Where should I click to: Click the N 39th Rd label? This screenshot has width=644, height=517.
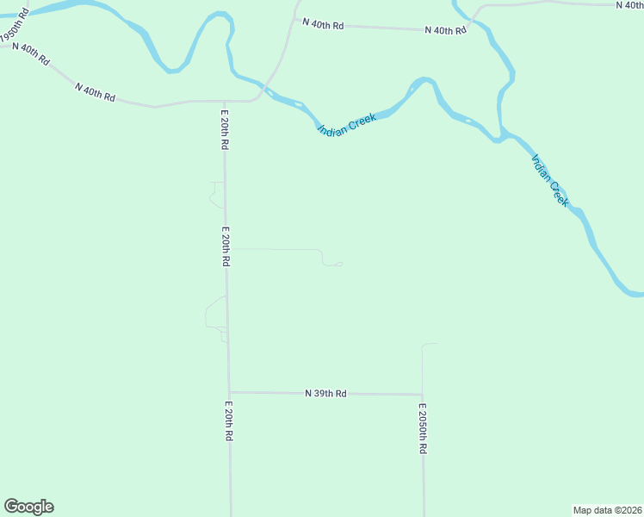pyautogui.click(x=325, y=393)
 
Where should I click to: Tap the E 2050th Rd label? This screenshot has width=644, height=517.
pyautogui.click(x=423, y=428)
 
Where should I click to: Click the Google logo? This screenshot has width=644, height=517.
pyautogui.click(x=28, y=507)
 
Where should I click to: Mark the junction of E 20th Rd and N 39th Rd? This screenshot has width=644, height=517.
pyautogui.click(x=229, y=392)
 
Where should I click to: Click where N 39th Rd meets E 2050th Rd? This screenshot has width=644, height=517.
pyautogui.click(x=423, y=395)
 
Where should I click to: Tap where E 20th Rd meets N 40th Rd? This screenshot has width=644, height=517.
pyautogui.click(x=223, y=101)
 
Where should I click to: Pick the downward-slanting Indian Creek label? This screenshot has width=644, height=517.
pyautogui.click(x=550, y=180)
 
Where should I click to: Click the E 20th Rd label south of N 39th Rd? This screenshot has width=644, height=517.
pyautogui.click(x=229, y=421)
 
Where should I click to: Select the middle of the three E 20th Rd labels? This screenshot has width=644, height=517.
pyautogui.click(x=226, y=246)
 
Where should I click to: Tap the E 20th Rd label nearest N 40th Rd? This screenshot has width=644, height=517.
pyautogui.click(x=224, y=130)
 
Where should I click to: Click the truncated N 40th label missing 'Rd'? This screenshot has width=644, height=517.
pyautogui.click(x=629, y=5)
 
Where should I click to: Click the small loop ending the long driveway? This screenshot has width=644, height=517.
pyautogui.click(x=338, y=264)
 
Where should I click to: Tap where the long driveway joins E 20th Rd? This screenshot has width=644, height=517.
pyautogui.click(x=226, y=248)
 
